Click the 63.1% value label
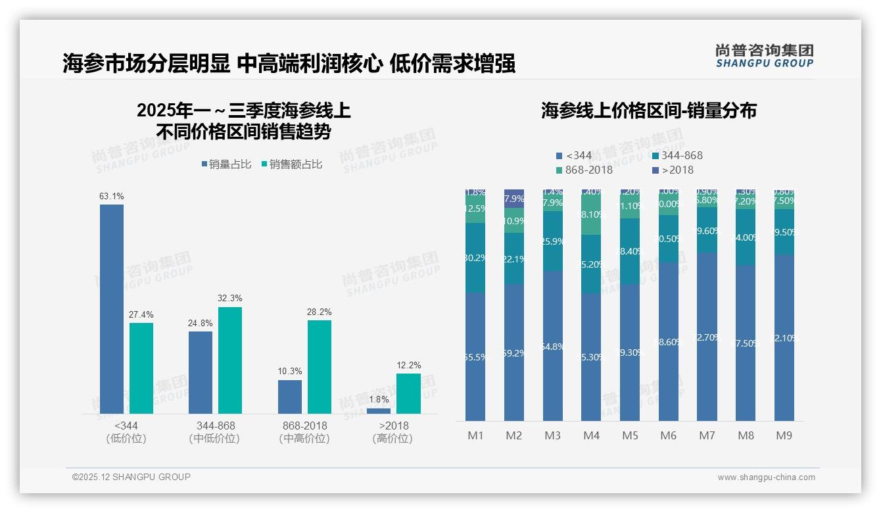click(112, 196)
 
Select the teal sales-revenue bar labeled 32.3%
click(230, 360)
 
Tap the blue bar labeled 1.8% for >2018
click(378, 411)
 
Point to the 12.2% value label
click(408, 365)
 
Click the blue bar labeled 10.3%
click(290, 397)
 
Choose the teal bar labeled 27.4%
click(141, 368)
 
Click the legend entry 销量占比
click(226, 164)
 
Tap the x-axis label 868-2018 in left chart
click(304, 426)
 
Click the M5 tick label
click(631, 435)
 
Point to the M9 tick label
click(784, 435)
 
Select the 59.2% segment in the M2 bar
click(514, 353)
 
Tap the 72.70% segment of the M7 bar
click(707, 337)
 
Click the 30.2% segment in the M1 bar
click(475, 258)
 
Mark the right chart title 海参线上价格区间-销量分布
click(649, 110)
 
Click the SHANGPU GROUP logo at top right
click(764, 55)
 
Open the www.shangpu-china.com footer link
click(766, 477)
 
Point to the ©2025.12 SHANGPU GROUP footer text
click(131, 477)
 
